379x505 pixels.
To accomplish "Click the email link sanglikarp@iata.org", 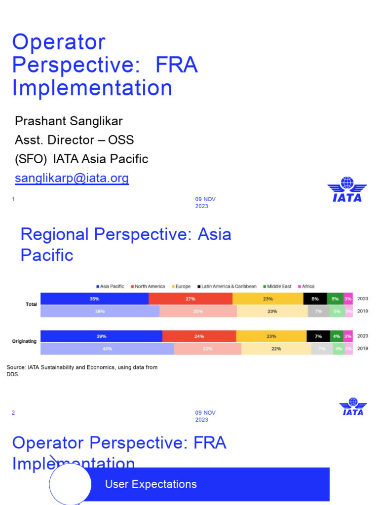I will click(72, 178).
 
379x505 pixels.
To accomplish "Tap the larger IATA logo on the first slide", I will click(347, 189).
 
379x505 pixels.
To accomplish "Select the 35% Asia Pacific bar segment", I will click(94, 298).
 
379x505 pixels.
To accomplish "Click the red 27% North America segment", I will click(190, 298).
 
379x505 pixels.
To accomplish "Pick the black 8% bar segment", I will click(315, 298).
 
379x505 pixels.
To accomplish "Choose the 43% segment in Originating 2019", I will click(107, 349).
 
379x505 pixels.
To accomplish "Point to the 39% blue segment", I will click(101, 336).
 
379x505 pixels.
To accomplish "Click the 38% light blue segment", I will click(100, 311).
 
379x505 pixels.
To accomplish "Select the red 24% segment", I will click(199, 336).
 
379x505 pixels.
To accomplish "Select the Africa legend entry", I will click(305, 287).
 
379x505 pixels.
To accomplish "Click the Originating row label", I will click(24, 341).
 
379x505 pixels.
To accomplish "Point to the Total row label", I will click(31, 304).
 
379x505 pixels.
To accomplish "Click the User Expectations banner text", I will click(151, 484).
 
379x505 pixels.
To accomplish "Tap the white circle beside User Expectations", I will click(71, 484).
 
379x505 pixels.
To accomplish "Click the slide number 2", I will click(13, 413).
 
